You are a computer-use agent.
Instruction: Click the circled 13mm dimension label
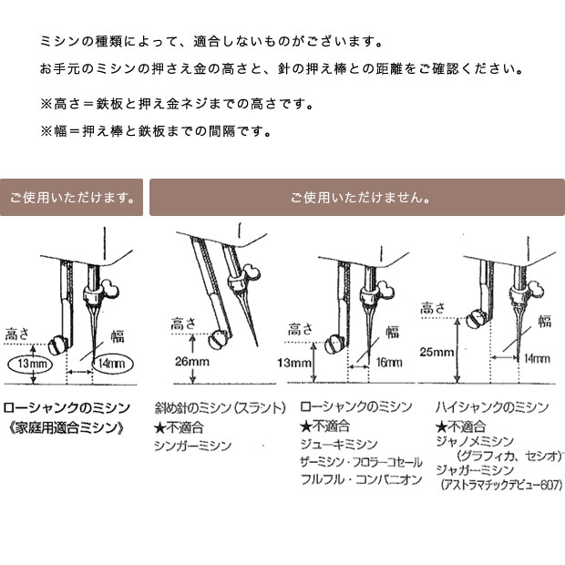(x=30, y=364)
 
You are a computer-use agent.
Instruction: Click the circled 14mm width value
(x=112, y=364)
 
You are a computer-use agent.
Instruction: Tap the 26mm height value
(x=192, y=362)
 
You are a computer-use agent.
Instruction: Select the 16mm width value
(x=389, y=362)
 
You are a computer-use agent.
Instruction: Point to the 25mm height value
(x=437, y=352)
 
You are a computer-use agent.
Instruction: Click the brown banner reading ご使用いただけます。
(x=71, y=198)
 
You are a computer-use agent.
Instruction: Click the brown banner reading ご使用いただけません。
(x=357, y=198)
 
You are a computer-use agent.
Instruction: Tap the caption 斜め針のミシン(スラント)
(x=221, y=408)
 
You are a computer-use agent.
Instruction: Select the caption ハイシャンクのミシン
(x=492, y=407)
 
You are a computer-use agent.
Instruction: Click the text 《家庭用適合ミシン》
(x=66, y=427)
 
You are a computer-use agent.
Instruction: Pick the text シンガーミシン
(x=193, y=446)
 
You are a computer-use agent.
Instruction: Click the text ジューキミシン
(x=339, y=445)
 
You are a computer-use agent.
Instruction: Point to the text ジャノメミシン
(x=475, y=441)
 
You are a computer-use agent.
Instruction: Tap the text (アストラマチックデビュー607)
(x=501, y=485)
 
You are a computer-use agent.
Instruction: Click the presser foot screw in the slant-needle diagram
(x=218, y=339)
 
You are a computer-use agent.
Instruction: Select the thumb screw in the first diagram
(x=111, y=289)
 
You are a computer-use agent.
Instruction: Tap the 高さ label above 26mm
(x=183, y=324)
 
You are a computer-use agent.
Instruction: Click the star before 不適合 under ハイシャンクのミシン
(x=441, y=427)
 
